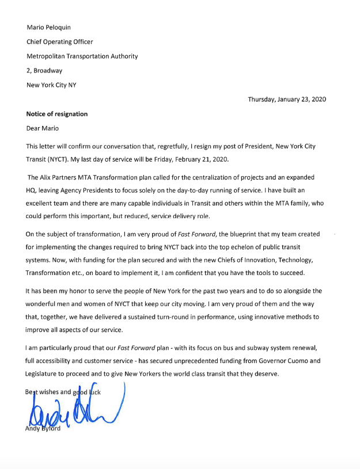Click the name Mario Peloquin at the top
50,27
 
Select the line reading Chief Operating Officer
60,41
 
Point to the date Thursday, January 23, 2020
287,99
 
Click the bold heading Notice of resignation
57,114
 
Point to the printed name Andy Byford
43,428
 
